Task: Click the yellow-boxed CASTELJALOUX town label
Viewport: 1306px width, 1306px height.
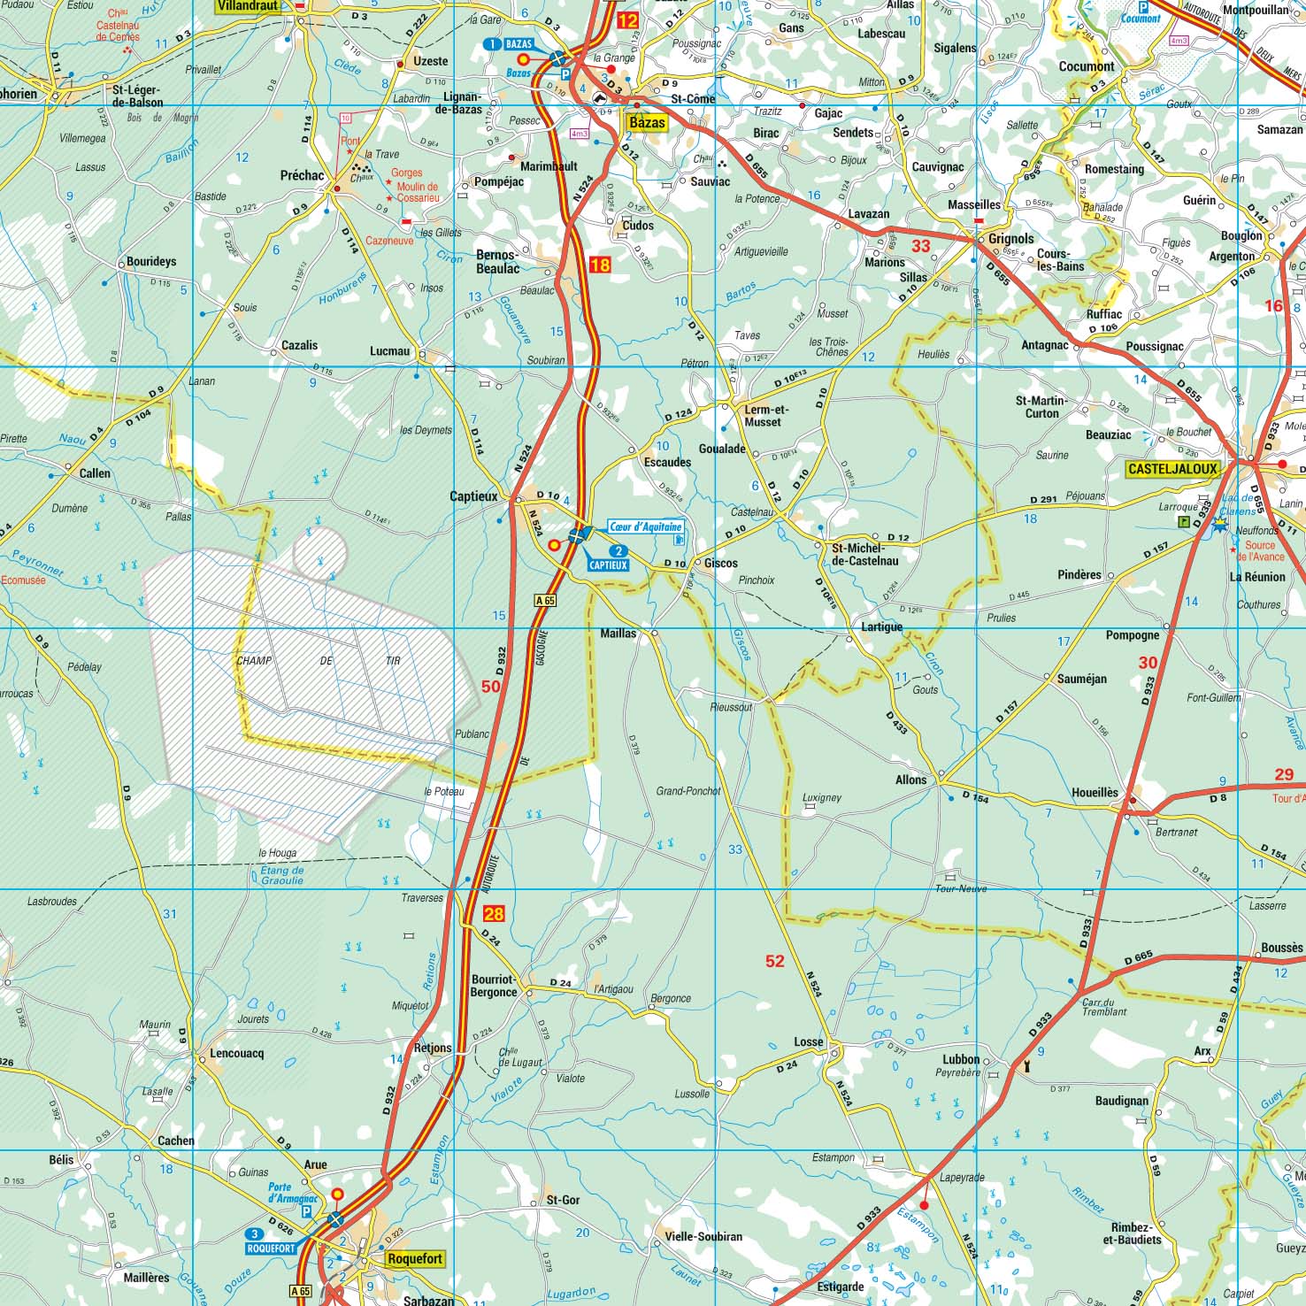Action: pos(1172,469)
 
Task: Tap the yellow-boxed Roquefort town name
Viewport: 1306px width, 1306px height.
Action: pos(415,1258)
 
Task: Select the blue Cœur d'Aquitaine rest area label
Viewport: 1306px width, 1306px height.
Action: pos(646,526)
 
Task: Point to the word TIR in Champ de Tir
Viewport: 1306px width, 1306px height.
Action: pos(393,661)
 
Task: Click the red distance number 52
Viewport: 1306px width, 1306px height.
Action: pos(774,961)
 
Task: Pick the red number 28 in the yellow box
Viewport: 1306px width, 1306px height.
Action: pos(494,914)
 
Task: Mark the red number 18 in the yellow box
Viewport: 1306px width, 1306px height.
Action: pos(600,265)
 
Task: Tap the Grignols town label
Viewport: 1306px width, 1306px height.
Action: pos(1010,239)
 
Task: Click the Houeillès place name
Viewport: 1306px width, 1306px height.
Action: pos(1095,793)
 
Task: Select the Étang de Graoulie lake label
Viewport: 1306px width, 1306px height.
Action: pos(282,875)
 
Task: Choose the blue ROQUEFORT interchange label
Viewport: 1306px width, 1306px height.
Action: pos(271,1248)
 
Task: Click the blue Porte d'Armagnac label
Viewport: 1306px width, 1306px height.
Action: pos(292,1193)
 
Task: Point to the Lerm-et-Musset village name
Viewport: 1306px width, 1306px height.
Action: pos(765,416)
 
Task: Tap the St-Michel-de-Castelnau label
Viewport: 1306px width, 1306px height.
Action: pos(864,554)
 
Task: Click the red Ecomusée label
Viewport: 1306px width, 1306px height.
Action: pos(23,580)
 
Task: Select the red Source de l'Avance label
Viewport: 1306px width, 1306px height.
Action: pos(1260,550)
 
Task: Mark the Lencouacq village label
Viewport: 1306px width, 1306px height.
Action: pos(236,1053)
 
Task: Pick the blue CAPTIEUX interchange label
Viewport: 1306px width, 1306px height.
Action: pos(608,565)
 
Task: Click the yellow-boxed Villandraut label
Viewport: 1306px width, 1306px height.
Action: pos(248,6)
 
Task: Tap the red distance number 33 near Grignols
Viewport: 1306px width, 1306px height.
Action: pos(921,246)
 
